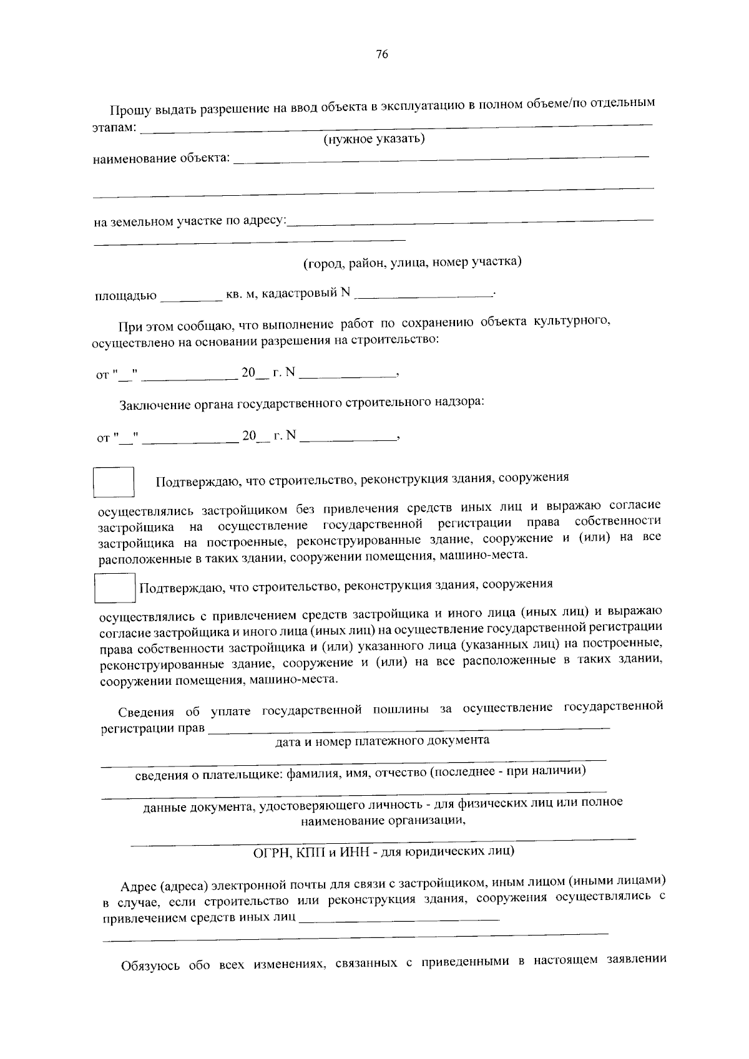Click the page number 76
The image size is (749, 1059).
click(382, 55)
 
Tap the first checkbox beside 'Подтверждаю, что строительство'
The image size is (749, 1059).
click(114, 482)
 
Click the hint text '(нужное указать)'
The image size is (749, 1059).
click(374, 138)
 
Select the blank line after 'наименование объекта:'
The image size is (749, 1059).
click(440, 158)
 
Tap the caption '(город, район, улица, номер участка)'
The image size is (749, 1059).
click(412, 262)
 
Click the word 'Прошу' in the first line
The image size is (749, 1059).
click(128, 110)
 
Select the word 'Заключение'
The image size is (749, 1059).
click(149, 404)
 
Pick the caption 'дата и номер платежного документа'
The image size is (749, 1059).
click(382, 741)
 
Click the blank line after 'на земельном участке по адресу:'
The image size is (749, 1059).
click(470, 220)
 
